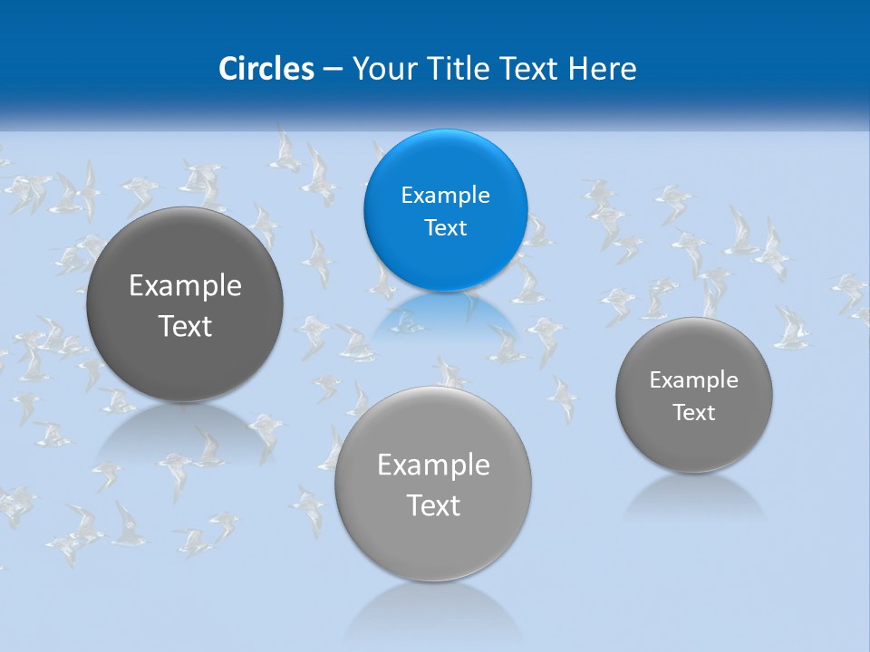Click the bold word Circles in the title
pos(266,68)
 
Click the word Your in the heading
pos(382,68)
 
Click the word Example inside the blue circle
pos(445,195)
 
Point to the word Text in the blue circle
pos(445,227)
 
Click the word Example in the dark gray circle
pos(185,286)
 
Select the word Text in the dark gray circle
pos(185,326)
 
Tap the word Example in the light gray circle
pos(433,465)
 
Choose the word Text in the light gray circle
pos(433,505)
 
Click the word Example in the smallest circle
pos(694,380)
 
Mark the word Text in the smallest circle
pos(694,413)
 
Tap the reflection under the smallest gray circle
pos(694,496)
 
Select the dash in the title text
pos(333,69)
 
